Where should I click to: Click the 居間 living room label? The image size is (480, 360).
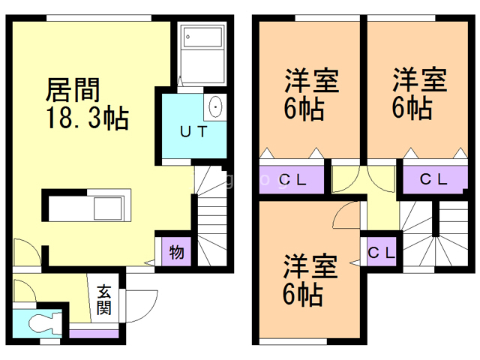(x=73, y=90)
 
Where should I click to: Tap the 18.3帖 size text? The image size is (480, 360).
(x=88, y=118)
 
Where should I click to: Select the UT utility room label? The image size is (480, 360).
(x=193, y=132)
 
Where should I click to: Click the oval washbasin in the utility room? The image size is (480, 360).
(x=215, y=106)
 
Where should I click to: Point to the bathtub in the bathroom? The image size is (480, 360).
(x=202, y=37)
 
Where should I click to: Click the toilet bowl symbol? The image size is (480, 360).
(x=43, y=322)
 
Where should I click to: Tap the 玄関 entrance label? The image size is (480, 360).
(x=103, y=300)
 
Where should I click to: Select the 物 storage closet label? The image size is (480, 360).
(x=177, y=252)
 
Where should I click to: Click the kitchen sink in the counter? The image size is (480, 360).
(x=109, y=208)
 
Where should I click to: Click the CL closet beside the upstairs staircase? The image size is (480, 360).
(x=382, y=253)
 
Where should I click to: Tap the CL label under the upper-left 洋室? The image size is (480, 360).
(x=292, y=180)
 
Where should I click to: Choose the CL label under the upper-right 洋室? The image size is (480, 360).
(x=433, y=180)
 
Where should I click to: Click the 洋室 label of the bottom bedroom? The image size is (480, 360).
(x=310, y=266)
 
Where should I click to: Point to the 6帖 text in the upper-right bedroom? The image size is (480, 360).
(x=412, y=107)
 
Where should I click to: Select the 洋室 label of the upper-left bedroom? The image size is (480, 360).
(x=312, y=80)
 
